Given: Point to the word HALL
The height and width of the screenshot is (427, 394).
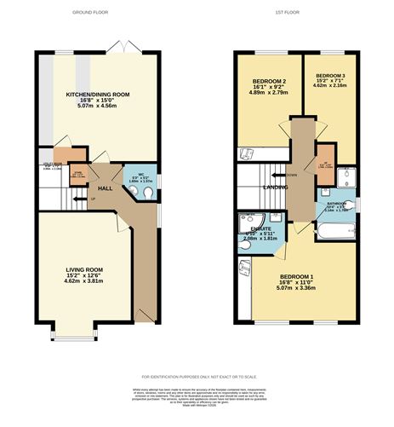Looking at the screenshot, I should pyautogui.click(x=106, y=188).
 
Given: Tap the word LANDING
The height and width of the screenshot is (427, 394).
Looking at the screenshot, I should pyautogui.click(x=274, y=187).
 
